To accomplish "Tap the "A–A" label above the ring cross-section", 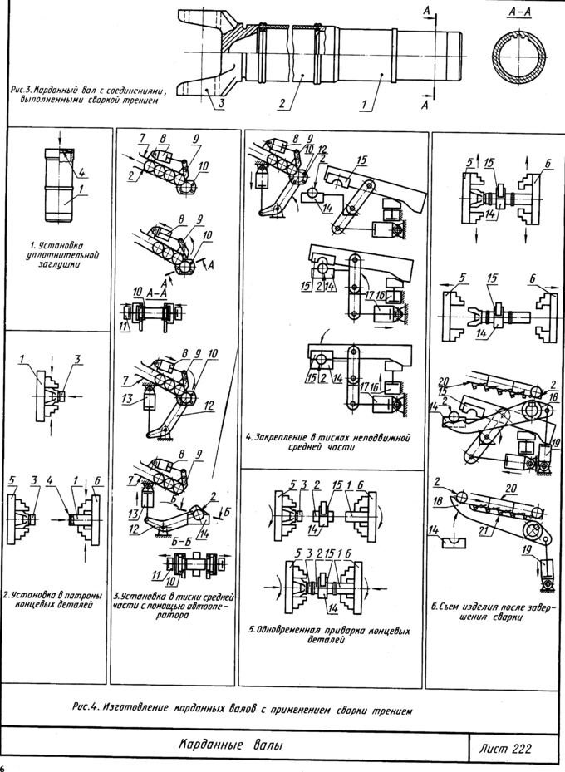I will (522, 14).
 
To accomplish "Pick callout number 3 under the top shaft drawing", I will (223, 105).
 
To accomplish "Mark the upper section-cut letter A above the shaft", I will (426, 8).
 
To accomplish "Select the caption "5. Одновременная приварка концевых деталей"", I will (331, 635).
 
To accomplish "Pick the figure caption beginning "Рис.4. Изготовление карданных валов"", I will (240, 708).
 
